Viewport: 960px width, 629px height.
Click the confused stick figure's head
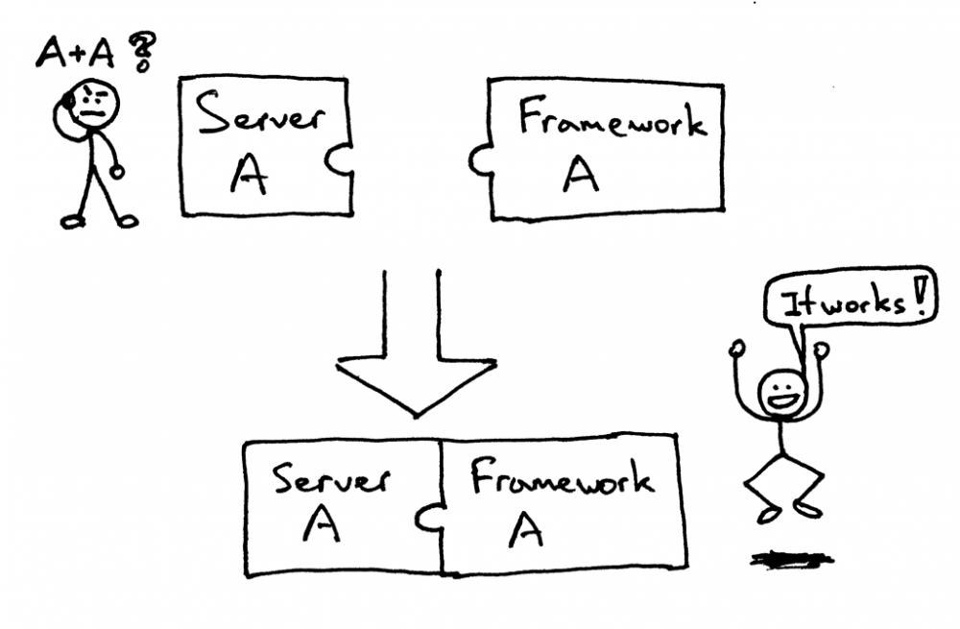click(95, 102)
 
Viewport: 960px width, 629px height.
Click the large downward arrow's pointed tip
click(415, 413)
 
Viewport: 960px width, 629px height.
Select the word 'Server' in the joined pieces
click(332, 476)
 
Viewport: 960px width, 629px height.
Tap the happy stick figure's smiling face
click(780, 393)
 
